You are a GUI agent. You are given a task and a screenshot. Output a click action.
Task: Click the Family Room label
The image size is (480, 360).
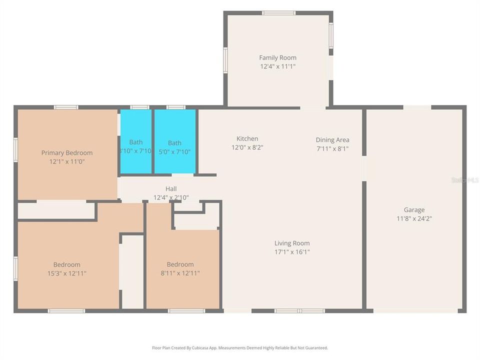tap(277, 58)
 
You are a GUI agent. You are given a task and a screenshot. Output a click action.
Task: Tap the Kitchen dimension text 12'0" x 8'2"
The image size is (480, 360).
tap(247, 147)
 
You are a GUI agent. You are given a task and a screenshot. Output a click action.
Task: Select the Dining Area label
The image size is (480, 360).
tap(332, 140)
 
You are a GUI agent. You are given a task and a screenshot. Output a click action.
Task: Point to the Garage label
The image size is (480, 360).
tap(414, 210)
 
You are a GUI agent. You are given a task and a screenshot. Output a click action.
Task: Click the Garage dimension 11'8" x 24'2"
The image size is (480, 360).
tap(414, 218)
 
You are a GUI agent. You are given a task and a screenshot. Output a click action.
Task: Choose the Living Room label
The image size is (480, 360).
tap(292, 243)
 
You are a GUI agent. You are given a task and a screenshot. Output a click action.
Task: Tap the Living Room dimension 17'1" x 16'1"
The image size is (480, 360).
tap(292, 252)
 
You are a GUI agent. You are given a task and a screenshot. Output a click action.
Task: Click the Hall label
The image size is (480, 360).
tap(171, 189)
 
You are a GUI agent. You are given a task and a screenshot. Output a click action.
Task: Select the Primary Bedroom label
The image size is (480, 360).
tap(67, 153)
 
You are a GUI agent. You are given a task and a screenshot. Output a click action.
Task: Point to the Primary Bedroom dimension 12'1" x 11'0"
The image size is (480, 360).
tap(67, 161)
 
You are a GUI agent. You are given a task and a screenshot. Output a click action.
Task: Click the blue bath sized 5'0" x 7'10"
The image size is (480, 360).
tap(174, 142)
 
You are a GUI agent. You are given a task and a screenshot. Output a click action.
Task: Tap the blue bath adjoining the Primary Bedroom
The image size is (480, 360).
tap(136, 142)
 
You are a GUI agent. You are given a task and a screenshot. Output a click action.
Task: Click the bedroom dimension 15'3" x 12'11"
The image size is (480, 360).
tap(67, 273)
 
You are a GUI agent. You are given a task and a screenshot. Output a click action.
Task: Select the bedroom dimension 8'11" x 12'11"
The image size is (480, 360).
tap(180, 273)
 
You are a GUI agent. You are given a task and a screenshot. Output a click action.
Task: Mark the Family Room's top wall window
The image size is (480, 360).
tap(278, 13)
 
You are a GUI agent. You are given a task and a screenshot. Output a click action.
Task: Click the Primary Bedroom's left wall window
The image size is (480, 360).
tap(15, 150)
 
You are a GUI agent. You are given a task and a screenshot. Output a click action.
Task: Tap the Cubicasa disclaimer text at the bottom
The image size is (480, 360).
tap(240, 347)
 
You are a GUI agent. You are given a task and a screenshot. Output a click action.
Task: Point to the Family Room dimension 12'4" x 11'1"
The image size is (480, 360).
tap(277, 66)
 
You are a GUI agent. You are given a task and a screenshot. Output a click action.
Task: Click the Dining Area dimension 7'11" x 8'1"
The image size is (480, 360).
tap(332, 148)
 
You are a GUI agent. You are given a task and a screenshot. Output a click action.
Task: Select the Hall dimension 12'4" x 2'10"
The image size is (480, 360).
tap(171, 197)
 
